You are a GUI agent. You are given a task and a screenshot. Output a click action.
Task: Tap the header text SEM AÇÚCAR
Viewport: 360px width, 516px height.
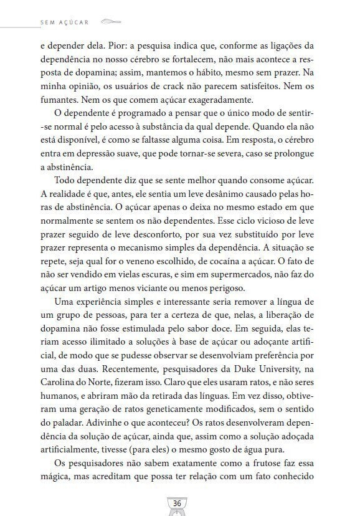[63, 21]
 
